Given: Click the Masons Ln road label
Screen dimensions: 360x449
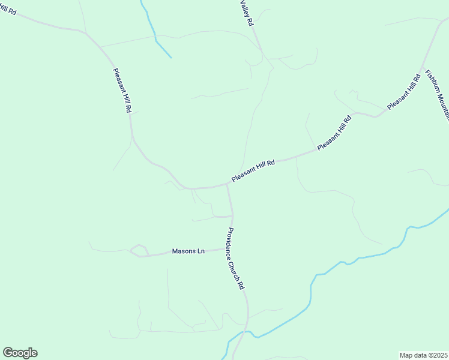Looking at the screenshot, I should pos(188,251).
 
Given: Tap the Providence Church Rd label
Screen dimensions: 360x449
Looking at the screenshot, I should pos(235,259).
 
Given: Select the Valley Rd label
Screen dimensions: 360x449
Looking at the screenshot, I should pos(247,12).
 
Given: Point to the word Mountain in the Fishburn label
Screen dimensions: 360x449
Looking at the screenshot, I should pos(444,108).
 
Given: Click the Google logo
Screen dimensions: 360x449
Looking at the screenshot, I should pos(20,353).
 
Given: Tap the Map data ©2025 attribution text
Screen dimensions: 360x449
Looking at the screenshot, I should pos(424,355).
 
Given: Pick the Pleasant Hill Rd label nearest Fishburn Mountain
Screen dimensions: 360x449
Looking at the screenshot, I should pos(403,92).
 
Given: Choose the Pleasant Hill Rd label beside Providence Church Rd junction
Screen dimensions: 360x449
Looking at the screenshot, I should pos(253,172).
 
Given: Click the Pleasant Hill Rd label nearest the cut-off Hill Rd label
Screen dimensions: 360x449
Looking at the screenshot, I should pos(122,90).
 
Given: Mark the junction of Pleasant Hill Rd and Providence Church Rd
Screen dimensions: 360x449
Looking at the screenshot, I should pos(227,185).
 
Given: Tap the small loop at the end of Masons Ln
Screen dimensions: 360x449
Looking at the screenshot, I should pos(139,250).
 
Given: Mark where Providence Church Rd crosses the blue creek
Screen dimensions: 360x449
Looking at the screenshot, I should pos(246,332).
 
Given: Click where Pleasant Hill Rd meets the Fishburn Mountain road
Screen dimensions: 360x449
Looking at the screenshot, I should pos(423,66).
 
